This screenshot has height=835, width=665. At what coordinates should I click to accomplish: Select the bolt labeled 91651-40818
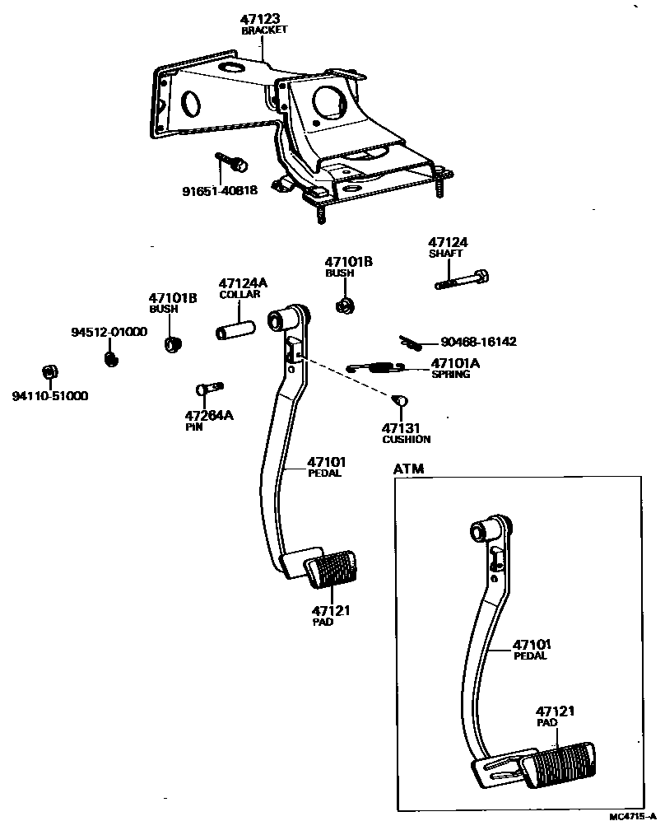coord(233,162)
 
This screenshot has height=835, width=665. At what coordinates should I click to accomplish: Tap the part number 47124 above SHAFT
coord(448,242)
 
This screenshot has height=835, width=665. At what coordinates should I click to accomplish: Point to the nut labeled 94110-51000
coord(49,372)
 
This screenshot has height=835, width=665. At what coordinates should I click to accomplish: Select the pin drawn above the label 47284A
coord(211,388)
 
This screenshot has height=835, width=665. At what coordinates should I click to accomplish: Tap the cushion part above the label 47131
coord(402,399)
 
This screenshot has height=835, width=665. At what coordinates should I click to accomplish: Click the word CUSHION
coord(406,440)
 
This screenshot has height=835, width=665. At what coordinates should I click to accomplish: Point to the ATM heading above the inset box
coord(409,469)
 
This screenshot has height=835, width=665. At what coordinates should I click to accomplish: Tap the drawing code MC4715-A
coord(632,817)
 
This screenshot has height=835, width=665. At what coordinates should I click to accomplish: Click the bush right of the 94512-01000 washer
coord(172,343)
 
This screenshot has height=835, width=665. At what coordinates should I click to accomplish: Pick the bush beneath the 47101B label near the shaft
coord(346,306)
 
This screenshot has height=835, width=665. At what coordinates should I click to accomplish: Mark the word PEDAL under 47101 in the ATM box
coord(530,656)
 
